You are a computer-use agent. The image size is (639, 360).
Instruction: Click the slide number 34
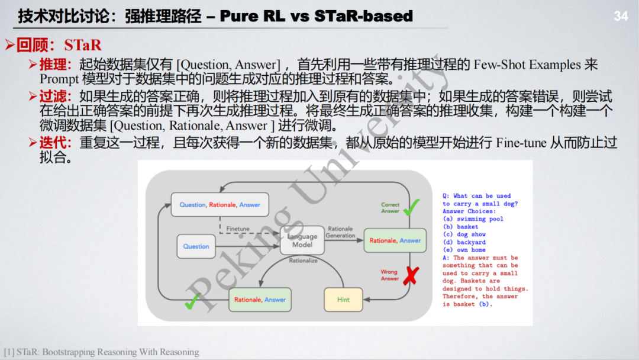621,17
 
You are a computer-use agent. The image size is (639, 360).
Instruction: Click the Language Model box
302,240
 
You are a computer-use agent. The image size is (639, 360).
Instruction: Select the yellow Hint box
343,300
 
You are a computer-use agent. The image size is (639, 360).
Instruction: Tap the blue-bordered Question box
196,246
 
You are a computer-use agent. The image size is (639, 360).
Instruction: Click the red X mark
409,275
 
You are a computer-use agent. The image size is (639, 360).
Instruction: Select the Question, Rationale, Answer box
220,205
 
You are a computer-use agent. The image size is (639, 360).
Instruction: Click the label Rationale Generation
340,232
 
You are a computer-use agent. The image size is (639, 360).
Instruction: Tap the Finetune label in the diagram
238,229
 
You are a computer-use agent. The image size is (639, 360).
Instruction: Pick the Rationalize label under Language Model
303,261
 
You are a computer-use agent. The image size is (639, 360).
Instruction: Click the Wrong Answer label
389,275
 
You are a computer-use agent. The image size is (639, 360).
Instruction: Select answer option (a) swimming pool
472,219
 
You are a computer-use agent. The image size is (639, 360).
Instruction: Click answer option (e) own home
464,250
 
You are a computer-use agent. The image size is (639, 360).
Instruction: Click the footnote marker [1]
9,352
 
